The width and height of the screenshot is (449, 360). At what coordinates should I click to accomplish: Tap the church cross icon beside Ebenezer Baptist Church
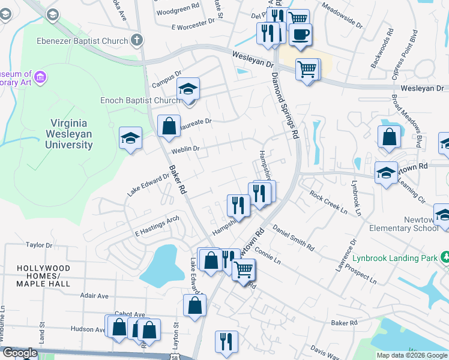[x=137, y=41]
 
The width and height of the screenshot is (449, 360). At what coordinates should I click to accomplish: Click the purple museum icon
[x=40, y=77]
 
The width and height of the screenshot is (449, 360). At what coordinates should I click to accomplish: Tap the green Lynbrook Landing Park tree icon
[x=445, y=257]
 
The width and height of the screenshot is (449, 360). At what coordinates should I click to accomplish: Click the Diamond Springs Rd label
[x=284, y=106]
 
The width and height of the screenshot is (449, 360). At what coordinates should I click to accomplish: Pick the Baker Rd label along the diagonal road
[x=177, y=179]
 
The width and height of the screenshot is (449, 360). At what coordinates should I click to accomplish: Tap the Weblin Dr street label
[x=185, y=148]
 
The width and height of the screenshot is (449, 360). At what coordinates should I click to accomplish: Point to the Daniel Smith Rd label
[x=294, y=238]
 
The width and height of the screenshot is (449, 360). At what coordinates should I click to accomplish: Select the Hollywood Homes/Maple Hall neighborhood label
[x=43, y=271]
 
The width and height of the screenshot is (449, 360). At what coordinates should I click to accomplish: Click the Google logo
[x=19, y=353]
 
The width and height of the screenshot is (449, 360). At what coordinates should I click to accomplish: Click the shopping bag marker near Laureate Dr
[x=169, y=126]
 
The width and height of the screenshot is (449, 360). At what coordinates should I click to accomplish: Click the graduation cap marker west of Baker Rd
[x=130, y=139]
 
